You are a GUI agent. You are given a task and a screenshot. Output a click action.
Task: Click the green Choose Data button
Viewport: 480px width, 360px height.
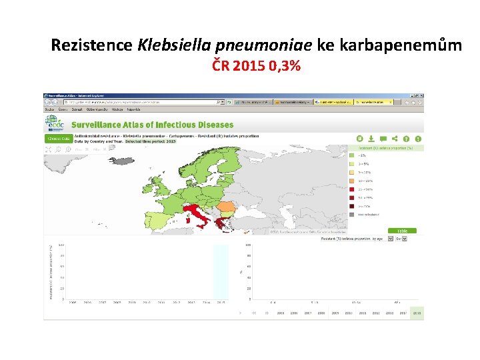57,139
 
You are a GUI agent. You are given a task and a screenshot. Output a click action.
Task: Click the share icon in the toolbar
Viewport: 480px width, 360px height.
395,138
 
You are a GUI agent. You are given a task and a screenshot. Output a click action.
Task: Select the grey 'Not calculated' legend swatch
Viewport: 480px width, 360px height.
352,215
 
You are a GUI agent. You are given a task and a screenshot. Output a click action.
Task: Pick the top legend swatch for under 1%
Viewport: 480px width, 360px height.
352,155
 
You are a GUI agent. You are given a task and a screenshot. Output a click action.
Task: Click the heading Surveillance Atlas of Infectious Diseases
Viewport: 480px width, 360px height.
152,125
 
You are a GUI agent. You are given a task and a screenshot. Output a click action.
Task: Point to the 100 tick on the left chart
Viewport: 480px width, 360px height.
61,245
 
